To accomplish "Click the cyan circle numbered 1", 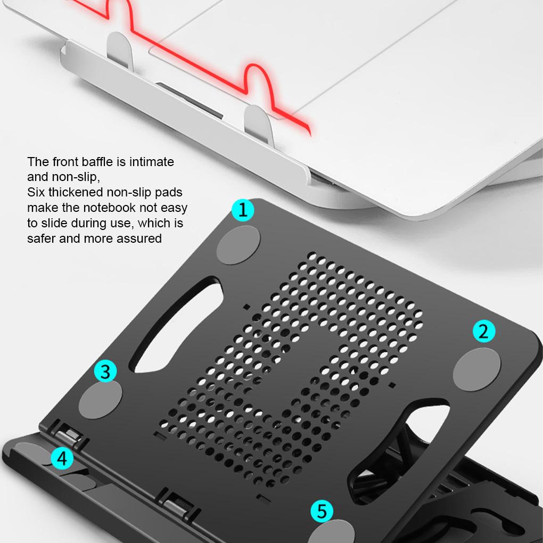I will click(243, 210).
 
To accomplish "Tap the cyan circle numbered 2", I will click(484, 331).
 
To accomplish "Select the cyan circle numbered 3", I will click(105, 372).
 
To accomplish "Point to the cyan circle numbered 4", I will click(62, 458).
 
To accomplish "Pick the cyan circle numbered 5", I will click(322, 512).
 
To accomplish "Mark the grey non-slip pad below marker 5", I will click(331, 533).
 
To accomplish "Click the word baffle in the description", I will click(108, 161).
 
